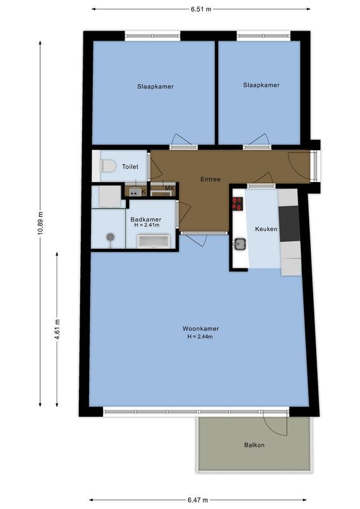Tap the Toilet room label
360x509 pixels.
click(130, 167)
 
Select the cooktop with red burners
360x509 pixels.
click(238, 204)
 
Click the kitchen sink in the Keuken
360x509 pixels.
click(240, 243)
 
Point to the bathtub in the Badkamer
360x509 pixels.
click(154, 241)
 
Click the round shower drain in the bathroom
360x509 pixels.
click(110, 237)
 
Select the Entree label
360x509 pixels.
click(210, 179)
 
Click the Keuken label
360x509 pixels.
click(266, 229)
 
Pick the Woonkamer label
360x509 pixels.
click(199, 329)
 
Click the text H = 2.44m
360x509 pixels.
click(199, 337)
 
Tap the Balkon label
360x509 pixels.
click(254, 445)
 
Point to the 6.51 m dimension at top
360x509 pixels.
click(200, 9)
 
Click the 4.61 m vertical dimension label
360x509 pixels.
click(57, 330)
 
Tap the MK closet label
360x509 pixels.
click(169, 188)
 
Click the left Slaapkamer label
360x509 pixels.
click(155, 87)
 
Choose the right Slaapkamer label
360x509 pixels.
click(261, 85)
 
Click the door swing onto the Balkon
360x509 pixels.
click(275, 423)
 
